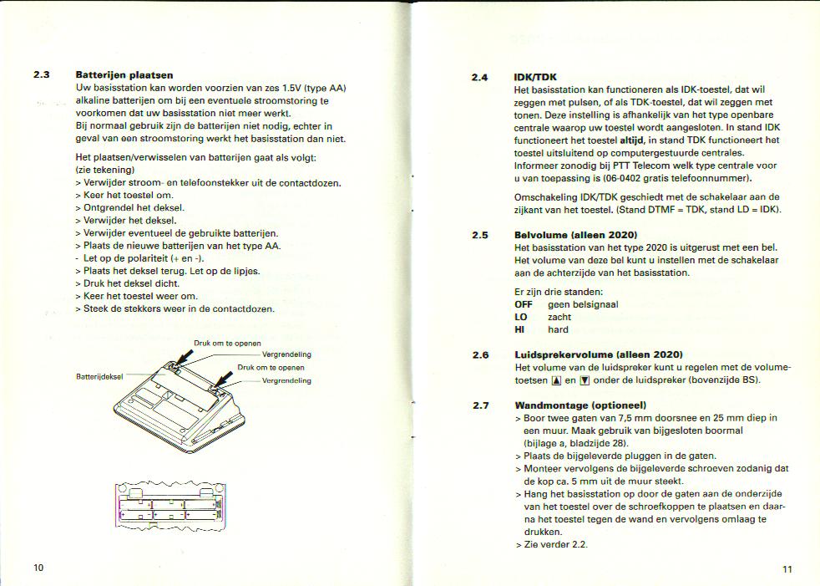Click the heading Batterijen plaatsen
click(124, 75)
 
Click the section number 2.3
click(42, 75)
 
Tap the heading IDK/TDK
click(536, 77)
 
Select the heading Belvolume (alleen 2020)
click(576, 235)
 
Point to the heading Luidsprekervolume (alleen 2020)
click(599, 354)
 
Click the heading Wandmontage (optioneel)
click(577, 405)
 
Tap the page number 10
click(38, 568)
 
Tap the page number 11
click(787, 569)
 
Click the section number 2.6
click(480, 354)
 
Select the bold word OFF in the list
click(524, 304)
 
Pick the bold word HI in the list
click(519, 329)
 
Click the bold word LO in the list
click(521, 317)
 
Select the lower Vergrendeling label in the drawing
click(286, 380)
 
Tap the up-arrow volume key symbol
click(556, 381)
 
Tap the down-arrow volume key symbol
click(585, 381)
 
